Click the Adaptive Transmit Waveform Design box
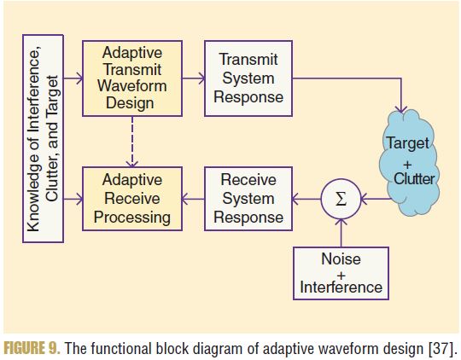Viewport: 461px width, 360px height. coord(132,78)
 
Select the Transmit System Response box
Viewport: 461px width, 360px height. coord(248,78)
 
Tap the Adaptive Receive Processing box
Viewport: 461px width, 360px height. coord(132,199)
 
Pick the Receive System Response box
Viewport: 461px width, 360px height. coord(248,199)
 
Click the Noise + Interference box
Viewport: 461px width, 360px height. coord(341,273)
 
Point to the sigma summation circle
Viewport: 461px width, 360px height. coord(341,199)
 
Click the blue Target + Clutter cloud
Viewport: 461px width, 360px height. coord(410,162)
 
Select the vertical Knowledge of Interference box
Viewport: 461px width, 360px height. coord(44,138)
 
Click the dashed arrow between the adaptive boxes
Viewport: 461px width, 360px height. coord(132,142)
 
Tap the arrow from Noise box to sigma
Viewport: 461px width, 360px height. coord(341,233)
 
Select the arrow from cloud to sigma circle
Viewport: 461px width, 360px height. coord(376,199)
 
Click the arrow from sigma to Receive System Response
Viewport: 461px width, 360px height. coord(306,199)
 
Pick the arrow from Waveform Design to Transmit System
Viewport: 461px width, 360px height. coord(194,78)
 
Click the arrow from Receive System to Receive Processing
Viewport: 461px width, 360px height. coord(193,199)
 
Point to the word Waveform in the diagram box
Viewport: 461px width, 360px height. coord(132,86)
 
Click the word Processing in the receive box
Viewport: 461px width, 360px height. coord(132,218)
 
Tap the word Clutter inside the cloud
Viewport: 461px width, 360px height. coord(414,178)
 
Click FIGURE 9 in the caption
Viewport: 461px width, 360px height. coord(32,349)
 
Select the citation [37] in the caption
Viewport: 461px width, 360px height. coord(443,349)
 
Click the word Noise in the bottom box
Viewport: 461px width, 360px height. coord(341,258)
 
